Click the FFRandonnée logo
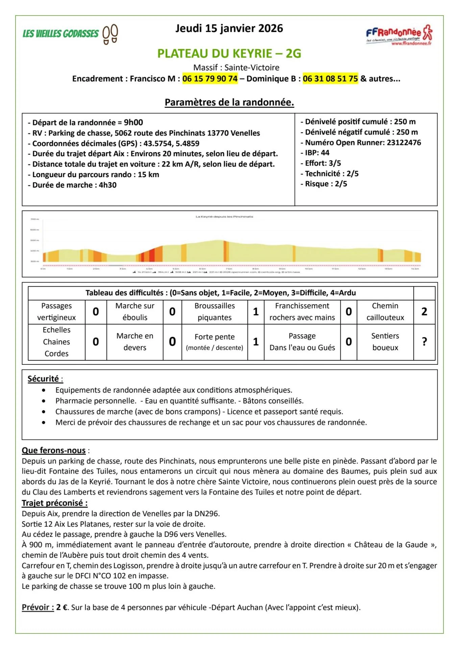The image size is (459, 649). tap(399, 35)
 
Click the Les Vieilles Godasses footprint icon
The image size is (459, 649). tap(110, 34)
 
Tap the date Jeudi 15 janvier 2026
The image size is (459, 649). tap(229, 28)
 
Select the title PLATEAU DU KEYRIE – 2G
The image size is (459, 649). tap(229, 53)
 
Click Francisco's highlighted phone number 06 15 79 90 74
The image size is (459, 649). tap(210, 79)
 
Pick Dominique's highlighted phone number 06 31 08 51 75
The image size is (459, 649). tap(330, 79)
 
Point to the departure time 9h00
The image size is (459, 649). tap(134, 122)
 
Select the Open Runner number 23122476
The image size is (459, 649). tap(404, 143)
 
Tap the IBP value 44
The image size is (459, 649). tap(325, 153)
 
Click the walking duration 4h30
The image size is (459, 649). tap(107, 185)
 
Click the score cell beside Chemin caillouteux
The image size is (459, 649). tap(424, 312)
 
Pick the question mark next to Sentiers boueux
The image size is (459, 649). tap(424, 342)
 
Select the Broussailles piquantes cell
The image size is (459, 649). tap(215, 312)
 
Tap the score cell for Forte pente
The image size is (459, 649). tap(256, 342)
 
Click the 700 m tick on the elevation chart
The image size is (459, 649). tap(35, 219)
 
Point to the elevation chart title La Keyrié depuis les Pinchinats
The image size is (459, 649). tap(224, 217)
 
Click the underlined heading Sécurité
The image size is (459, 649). tap(43, 379)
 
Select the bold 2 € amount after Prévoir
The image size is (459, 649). tap(62, 607)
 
